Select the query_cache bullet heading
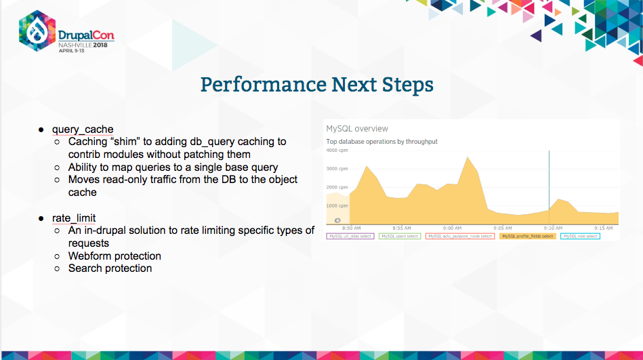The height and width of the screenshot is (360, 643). pos(83,129)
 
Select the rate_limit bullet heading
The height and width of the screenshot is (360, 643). pos(74,218)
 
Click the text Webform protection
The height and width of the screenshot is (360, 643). pos(115,256)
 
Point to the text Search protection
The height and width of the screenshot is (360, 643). pos(110,268)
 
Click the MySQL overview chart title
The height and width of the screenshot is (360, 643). pos(357,128)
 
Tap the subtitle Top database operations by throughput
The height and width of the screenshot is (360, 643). pos(381,141)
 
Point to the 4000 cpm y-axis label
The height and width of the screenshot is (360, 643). pos(337,150)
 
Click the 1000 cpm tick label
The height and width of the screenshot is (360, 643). pos(337,205)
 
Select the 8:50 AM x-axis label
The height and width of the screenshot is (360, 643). pos(351,228)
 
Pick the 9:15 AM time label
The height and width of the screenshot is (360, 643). pos(604,228)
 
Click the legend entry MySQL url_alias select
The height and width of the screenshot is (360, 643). pos(350,236)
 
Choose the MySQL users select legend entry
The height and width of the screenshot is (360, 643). pos(400,236)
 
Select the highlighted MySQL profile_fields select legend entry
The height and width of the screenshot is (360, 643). pos(527,236)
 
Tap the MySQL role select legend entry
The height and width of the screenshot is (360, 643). pos(580,236)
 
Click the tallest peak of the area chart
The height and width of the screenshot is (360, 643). pos(468,159)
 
